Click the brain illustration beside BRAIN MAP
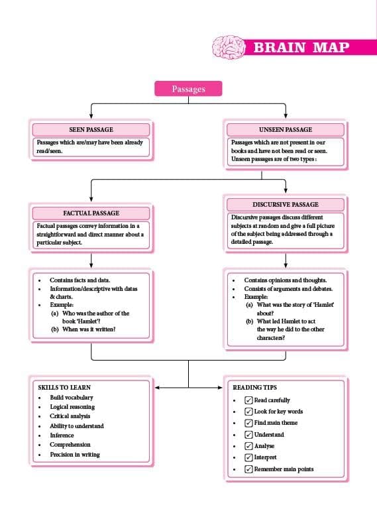[x=229, y=47]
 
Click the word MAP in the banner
[x=331, y=48]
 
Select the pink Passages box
[x=188, y=89]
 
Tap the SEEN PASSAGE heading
[x=91, y=129]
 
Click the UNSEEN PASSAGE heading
[x=286, y=129]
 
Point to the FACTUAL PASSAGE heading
[x=91, y=213]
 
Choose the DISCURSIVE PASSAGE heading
[x=286, y=205]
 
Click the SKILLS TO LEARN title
[x=64, y=387]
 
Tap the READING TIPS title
[x=254, y=387]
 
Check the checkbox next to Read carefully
[x=248, y=400]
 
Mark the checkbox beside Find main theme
[x=248, y=423]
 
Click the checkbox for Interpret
[x=248, y=457]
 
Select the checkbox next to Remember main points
[x=248, y=469]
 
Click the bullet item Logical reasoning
[x=72, y=407]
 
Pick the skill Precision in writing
[x=75, y=455]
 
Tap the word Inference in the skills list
[x=62, y=435]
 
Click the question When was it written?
[x=89, y=329]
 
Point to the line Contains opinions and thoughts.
[x=286, y=280]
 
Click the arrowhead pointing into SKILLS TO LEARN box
[x=157, y=388]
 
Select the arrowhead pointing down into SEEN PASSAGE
[x=91, y=116]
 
